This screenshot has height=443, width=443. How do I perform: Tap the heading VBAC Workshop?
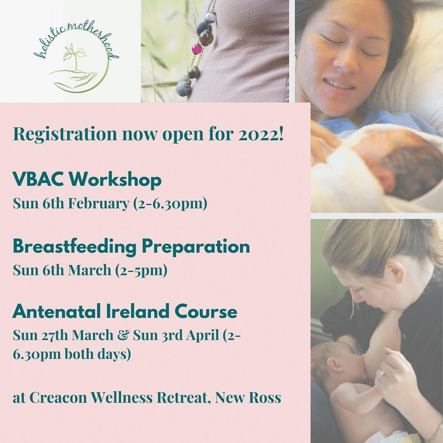(87, 180)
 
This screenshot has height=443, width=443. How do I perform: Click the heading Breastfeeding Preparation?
(131, 247)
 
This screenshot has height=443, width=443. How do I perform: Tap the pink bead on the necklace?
(197, 49)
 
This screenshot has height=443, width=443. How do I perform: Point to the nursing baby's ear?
(335, 365)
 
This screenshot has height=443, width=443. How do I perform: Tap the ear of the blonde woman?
(390, 273)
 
